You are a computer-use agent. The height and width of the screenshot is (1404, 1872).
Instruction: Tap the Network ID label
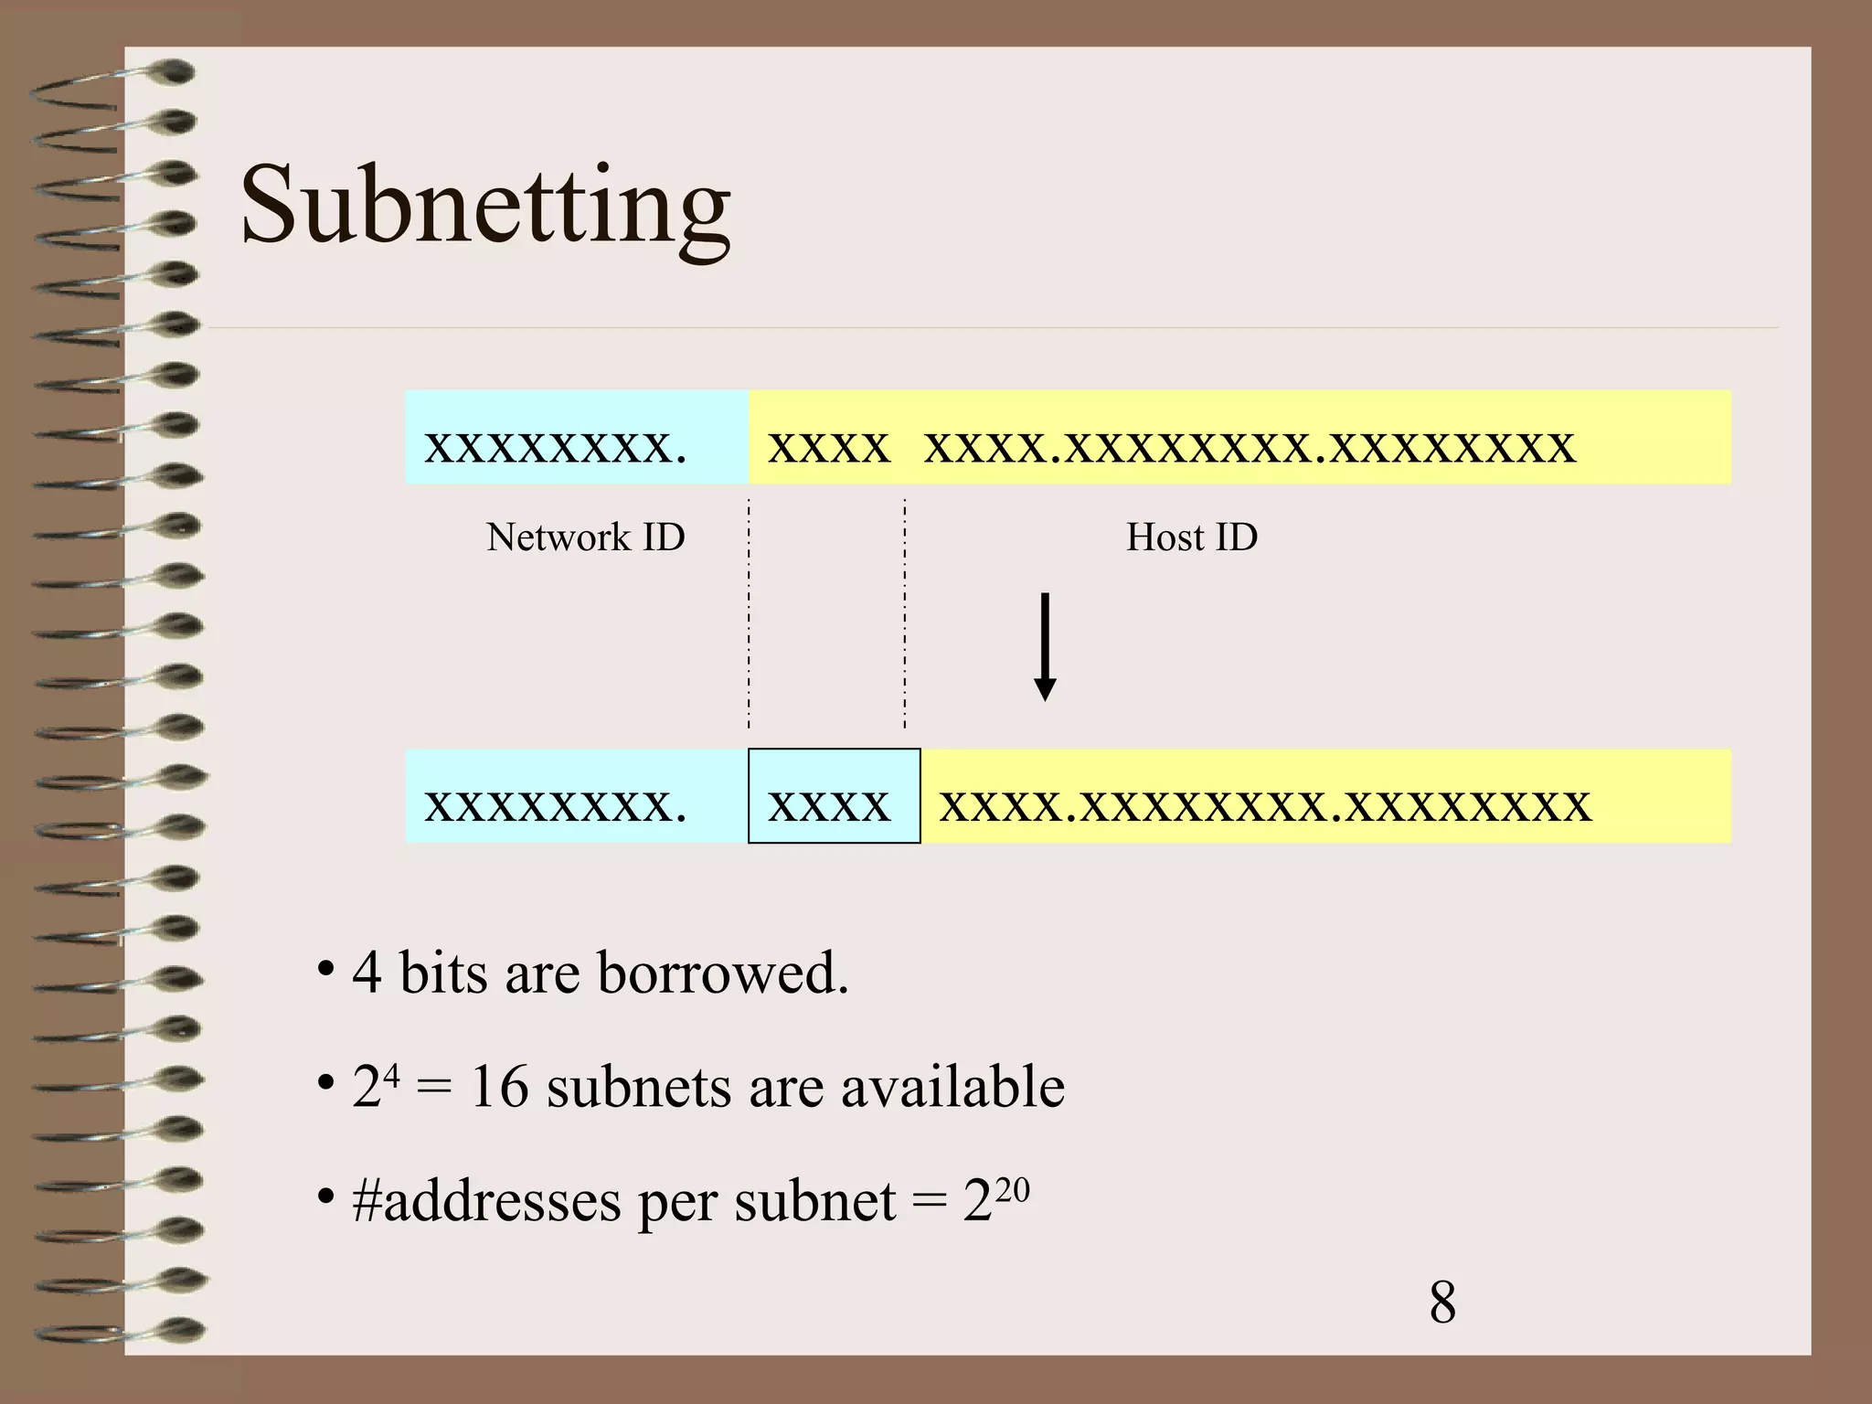[x=585, y=537]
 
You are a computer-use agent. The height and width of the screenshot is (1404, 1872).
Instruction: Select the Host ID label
[x=1191, y=537]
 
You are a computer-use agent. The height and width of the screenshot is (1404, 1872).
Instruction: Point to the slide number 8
[x=1442, y=1302]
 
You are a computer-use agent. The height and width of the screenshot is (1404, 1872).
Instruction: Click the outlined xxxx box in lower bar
[x=834, y=796]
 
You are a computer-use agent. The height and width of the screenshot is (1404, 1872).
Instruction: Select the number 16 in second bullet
[x=499, y=1087]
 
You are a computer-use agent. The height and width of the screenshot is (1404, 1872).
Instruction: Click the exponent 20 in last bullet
[x=1013, y=1190]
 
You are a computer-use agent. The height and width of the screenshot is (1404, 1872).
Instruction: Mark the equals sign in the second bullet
[x=433, y=1089]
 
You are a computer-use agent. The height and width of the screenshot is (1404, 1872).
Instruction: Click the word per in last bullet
[x=677, y=1205]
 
